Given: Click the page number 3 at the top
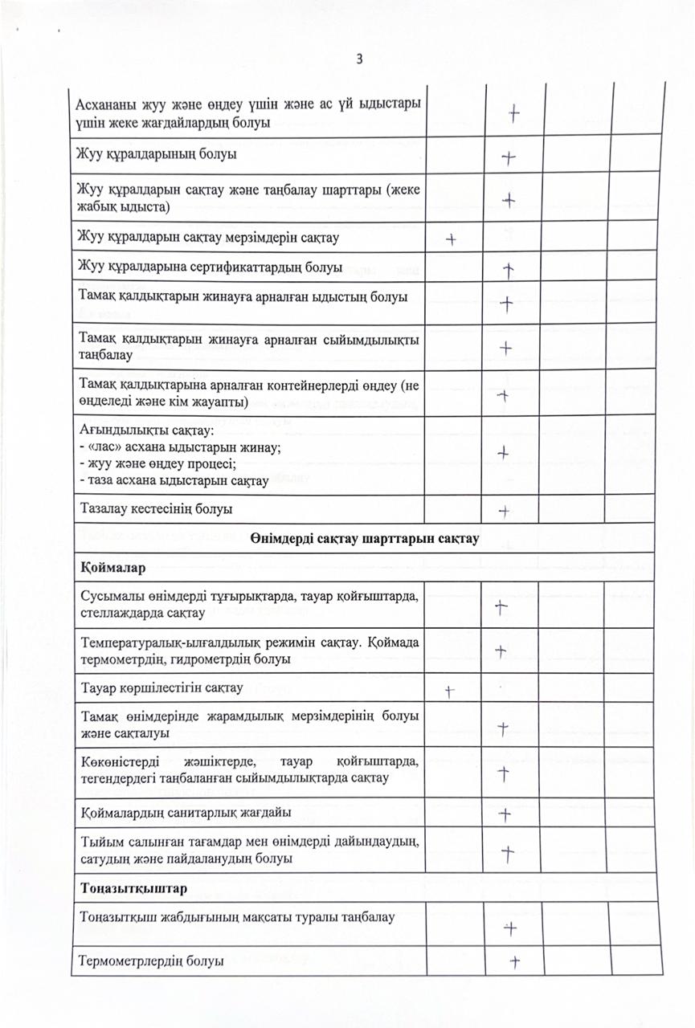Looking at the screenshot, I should pos(359,59).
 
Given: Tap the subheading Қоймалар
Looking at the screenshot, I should pos(112,569).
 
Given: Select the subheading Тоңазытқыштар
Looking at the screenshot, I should pos(134,889).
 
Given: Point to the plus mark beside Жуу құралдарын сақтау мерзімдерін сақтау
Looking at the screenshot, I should pos(452,239).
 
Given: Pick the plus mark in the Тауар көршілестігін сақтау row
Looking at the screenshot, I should pos(451,689).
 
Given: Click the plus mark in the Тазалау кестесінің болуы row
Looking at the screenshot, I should pos(505,510).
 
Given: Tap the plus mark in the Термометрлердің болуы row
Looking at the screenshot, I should pos(516,961).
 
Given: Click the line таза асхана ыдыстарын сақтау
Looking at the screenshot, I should pos(176,481).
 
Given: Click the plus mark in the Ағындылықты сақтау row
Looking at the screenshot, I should pos(503,453).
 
